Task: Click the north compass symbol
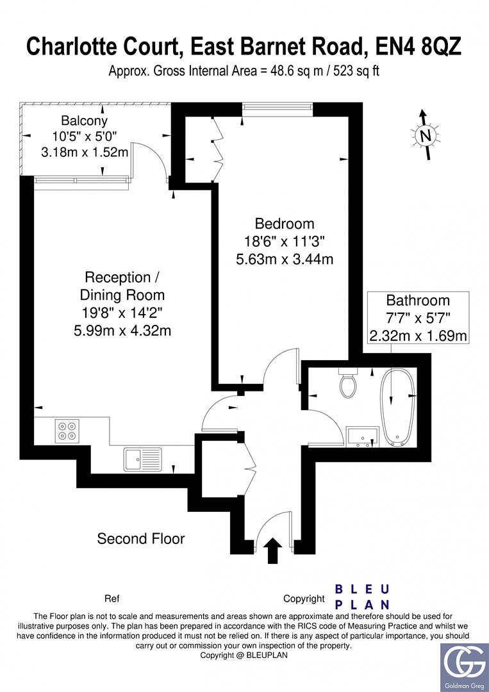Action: click(x=425, y=135)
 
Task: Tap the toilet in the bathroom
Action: click(x=349, y=384)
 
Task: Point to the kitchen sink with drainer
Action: click(x=144, y=459)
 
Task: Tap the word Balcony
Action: click(x=84, y=120)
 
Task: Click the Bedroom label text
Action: click(x=285, y=224)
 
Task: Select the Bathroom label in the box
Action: click(x=418, y=301)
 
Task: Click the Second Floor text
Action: click(x=140, y=539)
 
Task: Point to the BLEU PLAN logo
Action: click(x=363, y=597)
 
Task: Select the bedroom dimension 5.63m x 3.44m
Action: click(x=285, y=259)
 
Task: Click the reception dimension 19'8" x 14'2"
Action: click(x=122, y=313)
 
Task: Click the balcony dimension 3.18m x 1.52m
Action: click(x=84, y=152)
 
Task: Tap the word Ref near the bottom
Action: click(x=112, y=599)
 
